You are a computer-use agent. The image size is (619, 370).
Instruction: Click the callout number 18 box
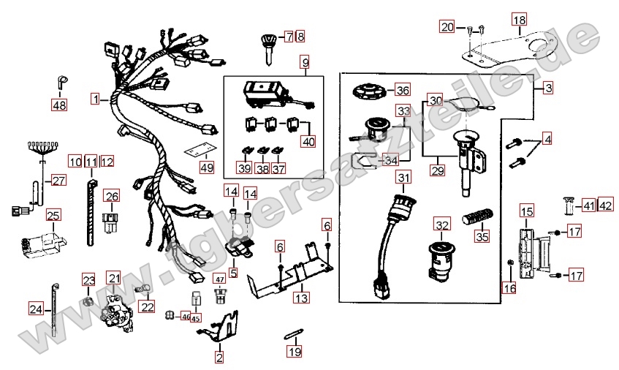(520, 19)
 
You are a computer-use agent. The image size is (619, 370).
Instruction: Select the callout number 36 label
(402, 90)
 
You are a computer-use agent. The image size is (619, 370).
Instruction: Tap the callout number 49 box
(207, 167)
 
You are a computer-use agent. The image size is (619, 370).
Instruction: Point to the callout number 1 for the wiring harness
(95, 98)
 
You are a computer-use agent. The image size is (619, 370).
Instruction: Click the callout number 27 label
(58, 181)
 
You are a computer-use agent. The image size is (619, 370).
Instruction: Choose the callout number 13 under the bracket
(302, 297)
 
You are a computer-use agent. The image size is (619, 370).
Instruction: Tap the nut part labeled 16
(509, 263)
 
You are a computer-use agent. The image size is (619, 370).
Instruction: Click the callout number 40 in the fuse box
(308, 141)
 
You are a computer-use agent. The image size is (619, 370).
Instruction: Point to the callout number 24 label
(36, 309)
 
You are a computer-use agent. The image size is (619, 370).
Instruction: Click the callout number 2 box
(219, 358)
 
